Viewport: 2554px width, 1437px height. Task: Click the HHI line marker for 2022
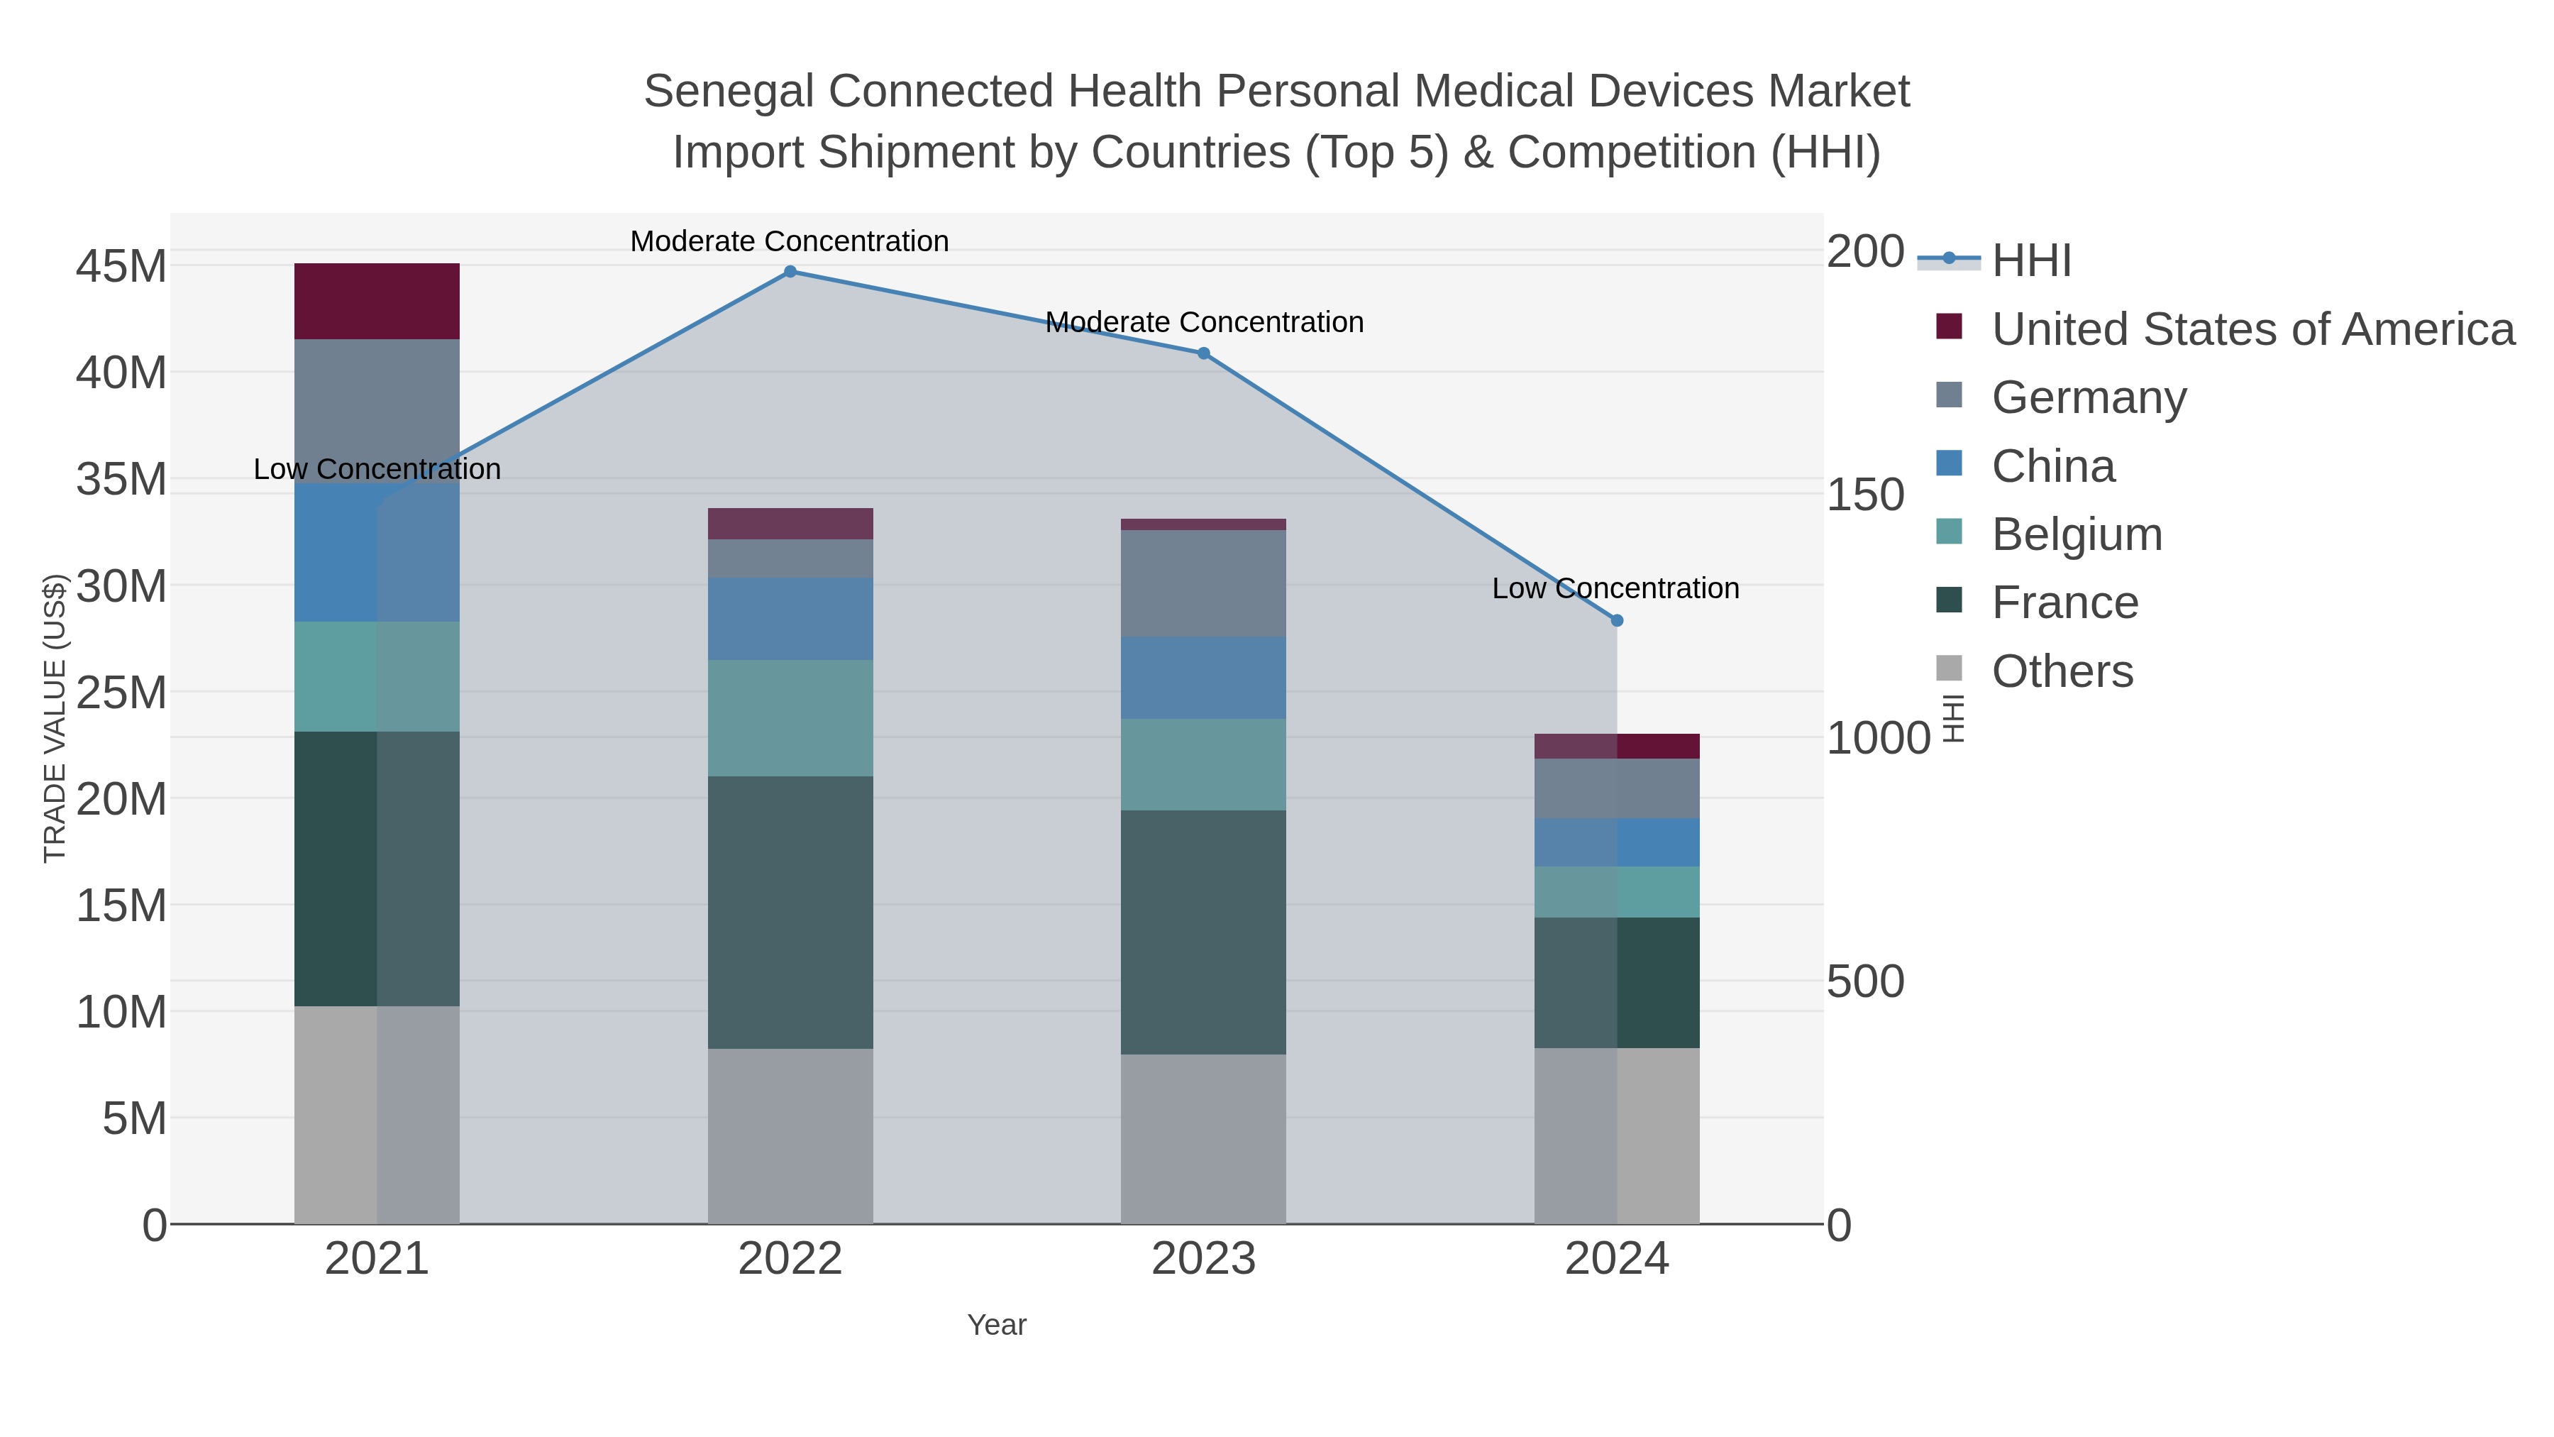[790, 272]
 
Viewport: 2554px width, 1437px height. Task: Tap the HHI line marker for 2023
[1204, 353]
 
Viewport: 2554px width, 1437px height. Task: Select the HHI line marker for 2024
[1617, 620]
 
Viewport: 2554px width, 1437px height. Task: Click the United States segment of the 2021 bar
[377, 302]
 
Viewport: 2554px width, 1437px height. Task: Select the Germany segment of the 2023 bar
[1204, 583]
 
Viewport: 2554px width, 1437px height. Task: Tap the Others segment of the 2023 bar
[1204, 1138]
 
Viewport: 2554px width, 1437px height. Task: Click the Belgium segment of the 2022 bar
[790, 718]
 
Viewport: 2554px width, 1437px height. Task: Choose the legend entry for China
[2052, 466]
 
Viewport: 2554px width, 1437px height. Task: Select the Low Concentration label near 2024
[1615, 588]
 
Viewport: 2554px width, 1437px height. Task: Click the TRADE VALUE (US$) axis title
[55, 718]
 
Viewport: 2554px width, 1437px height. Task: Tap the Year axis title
[997, 1325]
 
